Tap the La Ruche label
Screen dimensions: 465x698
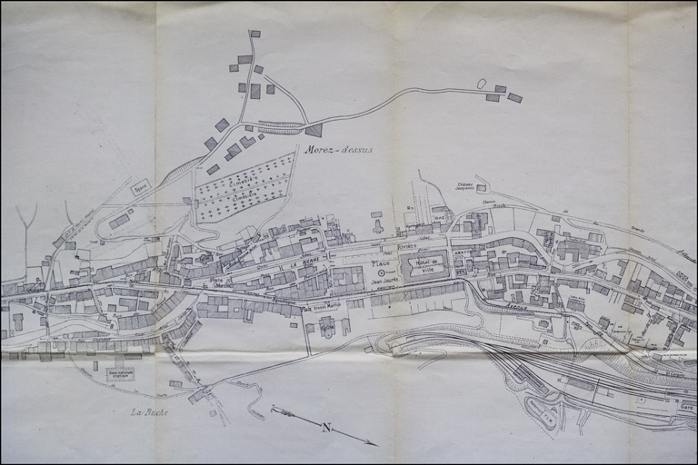pos(149,412)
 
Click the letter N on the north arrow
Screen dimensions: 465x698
pos(325,426)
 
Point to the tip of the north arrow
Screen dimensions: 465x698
pos(375,444)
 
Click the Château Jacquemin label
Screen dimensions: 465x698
pos(467,184)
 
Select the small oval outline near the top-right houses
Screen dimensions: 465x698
pos(481,84)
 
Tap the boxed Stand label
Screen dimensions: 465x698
pos(140,189)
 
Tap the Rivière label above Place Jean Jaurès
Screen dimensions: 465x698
pos(406,246)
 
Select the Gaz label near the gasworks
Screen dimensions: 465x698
pos(439,217)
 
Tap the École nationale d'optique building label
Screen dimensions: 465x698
pos(120,373)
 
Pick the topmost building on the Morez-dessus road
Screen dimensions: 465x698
pos(254,34)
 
